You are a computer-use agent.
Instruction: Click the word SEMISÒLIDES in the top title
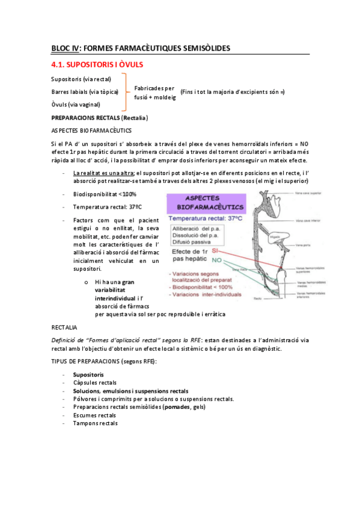pos(199,48)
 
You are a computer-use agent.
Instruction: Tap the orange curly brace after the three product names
pos(125,91)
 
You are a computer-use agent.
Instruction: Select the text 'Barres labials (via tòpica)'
pos(85,91)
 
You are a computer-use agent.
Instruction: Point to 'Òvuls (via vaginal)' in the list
pos(76,104)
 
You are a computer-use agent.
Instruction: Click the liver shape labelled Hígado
pos(277,236)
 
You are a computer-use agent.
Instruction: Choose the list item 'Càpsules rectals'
pos(95,382)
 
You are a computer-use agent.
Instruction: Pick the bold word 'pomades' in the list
pos(172,407)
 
